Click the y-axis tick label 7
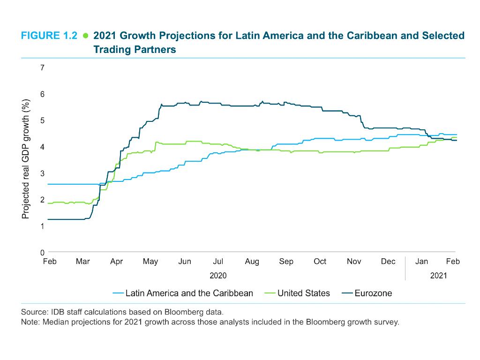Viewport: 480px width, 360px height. pos(42,68)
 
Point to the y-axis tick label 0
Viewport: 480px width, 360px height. pos(42,253)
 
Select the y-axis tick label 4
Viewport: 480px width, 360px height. pos(42,147)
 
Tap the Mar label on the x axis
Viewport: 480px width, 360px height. pos(82,262)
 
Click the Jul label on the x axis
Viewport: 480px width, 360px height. pos(218,262)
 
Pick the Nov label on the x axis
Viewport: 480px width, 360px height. pos(354,262)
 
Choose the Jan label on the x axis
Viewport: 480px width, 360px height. pos(421,262)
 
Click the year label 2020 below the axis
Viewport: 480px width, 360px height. pos(218,276)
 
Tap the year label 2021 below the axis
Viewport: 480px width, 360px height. pos(438,276)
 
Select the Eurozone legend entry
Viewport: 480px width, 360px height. pos(373,293)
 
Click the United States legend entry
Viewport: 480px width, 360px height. pos(303,293)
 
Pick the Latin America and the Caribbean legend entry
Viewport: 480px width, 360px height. pos(189,293)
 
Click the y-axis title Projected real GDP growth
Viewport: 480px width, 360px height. pos(26,159)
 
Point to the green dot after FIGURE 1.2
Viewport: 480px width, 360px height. pos(85,36)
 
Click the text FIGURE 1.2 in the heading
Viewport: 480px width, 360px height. pos(49,36)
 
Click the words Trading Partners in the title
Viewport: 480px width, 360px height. pos(135,49)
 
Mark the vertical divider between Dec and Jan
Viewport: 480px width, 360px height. pos(405,268)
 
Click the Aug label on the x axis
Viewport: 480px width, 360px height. pos(252,262)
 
